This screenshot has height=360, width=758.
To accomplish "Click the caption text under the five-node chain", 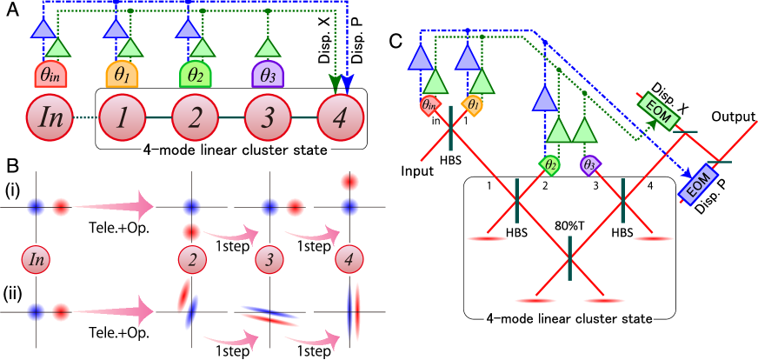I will click(x=235, y=150).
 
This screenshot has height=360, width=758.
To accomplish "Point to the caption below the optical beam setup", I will click(x=568, y=318).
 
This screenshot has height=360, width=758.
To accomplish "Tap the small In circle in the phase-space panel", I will click(x=36, y=259).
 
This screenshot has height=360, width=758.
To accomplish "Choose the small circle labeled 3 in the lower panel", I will click(x=271, y=259).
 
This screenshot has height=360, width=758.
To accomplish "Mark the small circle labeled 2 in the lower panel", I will click(x=192, y=259).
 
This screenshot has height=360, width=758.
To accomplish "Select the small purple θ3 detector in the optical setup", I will click(x=590, y=163).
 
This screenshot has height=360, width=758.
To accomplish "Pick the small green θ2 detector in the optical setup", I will click(x=549, y=163).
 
